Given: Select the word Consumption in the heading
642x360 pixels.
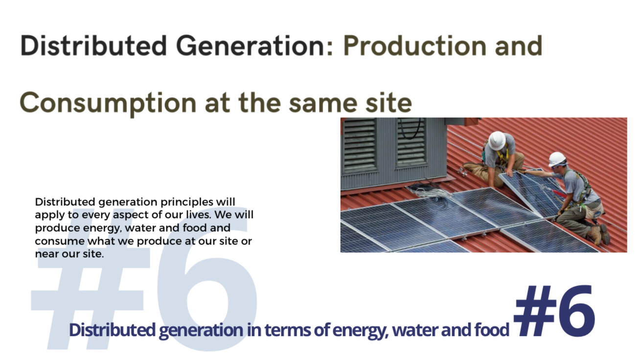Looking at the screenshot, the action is [x=108, y=104].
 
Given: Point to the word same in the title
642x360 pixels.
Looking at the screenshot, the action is [x=323, y=104].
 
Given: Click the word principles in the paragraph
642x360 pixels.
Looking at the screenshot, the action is [x=186, y=202].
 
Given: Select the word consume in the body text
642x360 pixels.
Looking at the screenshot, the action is [x=60, y=242].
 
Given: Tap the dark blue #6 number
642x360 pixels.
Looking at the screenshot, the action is [x=554, y=311].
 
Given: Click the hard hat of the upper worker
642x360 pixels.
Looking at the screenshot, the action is [x=497, y=140].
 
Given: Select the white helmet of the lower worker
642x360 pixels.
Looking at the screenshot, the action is [x=556, y=159].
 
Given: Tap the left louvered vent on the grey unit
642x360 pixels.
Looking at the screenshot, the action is [x=360, y=145].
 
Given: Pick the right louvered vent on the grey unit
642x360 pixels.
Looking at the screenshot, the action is [x=411, y=142].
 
